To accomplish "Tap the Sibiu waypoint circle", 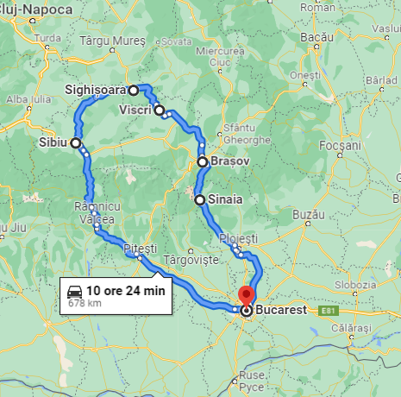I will click(x=76, y=143).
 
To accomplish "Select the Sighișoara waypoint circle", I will click(x=134, y=90).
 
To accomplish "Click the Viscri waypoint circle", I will click(x=159, y=110).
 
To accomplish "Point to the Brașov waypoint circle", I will click(x=202, y=161).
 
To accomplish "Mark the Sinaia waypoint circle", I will click(x=200, y=200).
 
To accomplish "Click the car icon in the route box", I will click(x=75, y=292).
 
